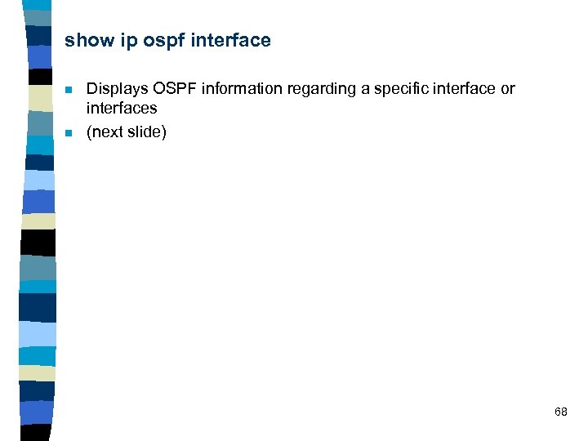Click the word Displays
point(117,89)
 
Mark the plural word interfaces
point(122,108)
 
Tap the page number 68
point(560,412)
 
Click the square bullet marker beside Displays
point(69,90)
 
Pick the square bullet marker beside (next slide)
point(69,132)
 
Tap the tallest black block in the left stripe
point(38,243)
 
